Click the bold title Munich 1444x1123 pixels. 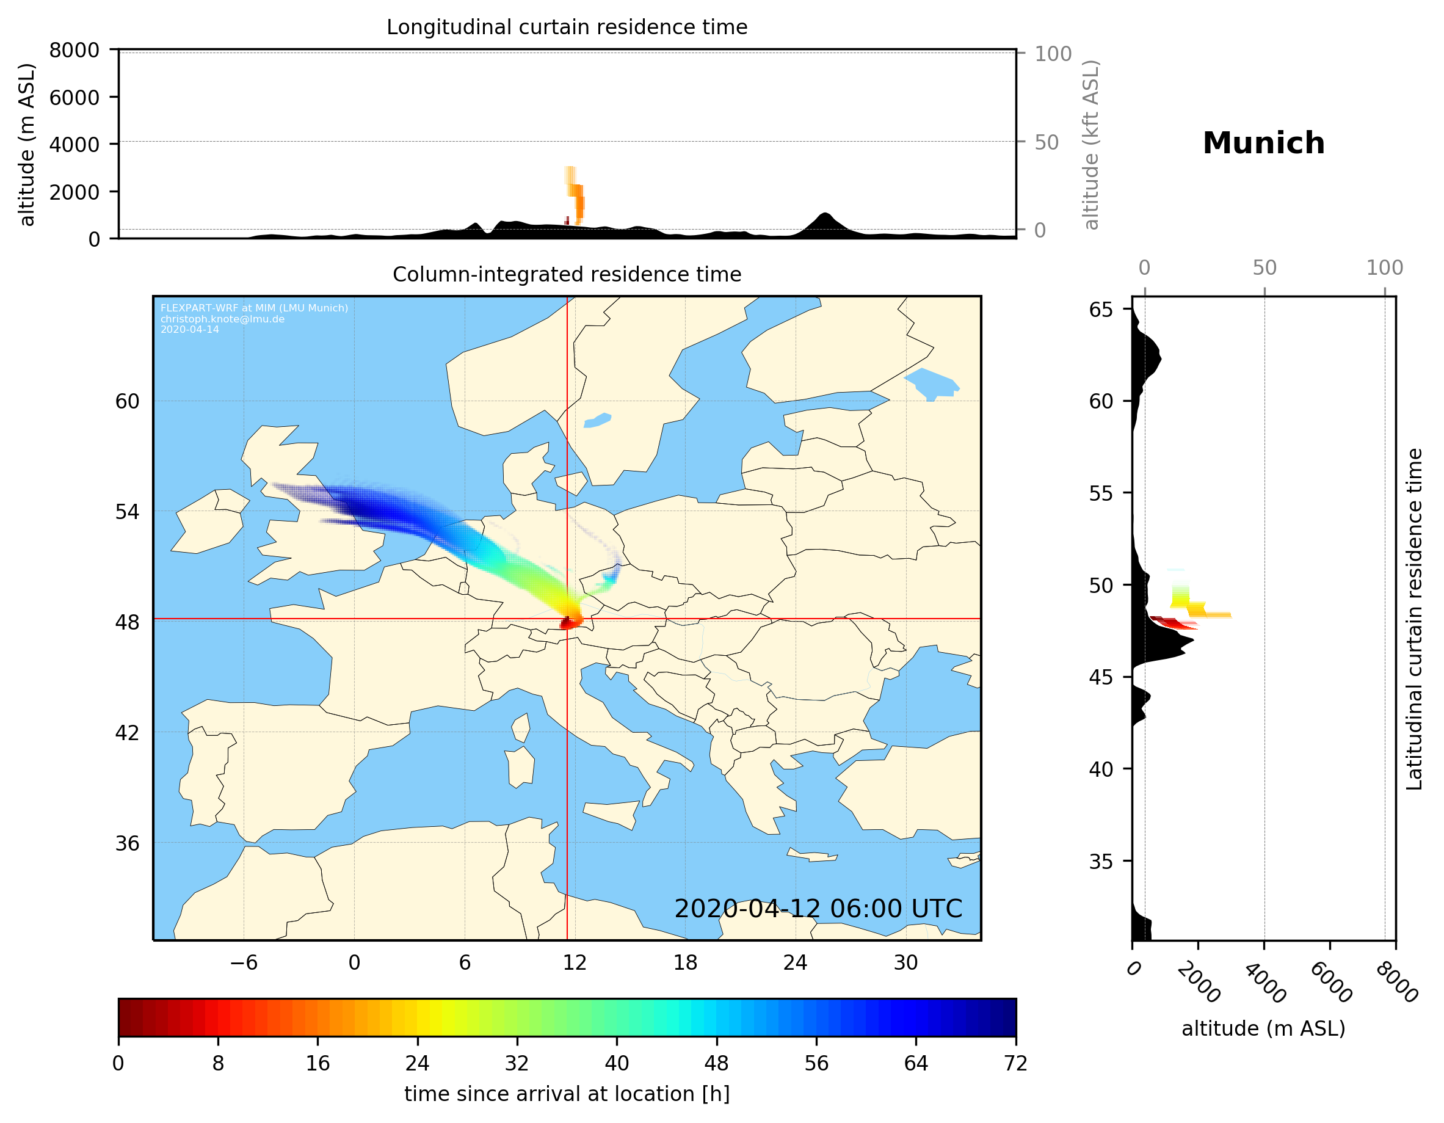(x=1263, y=144)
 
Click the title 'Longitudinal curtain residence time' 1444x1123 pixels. (x=567, y=27)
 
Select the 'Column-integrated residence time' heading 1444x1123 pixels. (x=567, y=274)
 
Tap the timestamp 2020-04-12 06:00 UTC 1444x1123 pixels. (x=818, y=909)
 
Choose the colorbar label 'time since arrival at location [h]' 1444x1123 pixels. (x=567, y=1093)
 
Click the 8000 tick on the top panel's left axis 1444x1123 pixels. (x=74, y=50)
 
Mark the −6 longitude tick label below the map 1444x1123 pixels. (x=243, y=962)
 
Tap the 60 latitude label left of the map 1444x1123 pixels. (x=127, y=401)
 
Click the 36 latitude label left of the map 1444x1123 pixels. (x=127, y=843)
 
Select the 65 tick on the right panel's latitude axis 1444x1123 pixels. (x=1101, y=310)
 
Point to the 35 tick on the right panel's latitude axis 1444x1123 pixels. (x=1101, y=861)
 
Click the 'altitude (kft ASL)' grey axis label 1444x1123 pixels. (x=1090, y=145)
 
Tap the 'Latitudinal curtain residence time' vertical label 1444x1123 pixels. (x=1413, y=619)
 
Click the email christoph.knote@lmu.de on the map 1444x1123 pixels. (x=222, y=319)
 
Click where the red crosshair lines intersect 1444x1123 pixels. (x=567, y=619)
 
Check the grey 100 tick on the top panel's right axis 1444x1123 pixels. (x=1053, y=54)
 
